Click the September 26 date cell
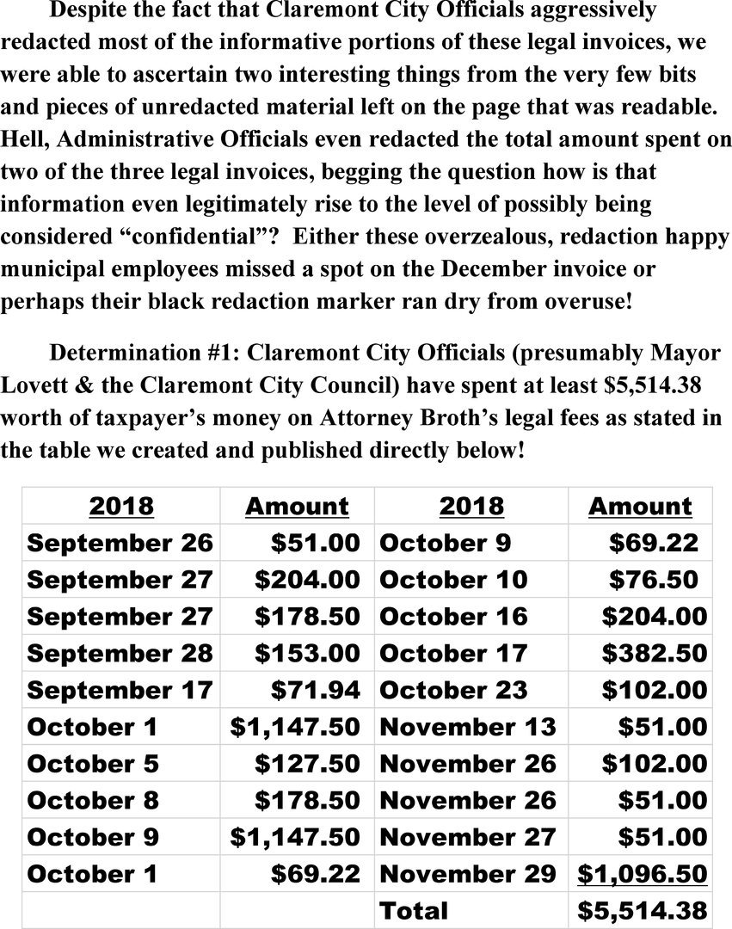[x=120, y=544]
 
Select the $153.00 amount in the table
[x=306, y=654]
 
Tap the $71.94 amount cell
[x=315, y=691]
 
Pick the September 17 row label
[x=120, y=691]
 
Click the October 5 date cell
[x=93, y=764]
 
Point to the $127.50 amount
[x=306, y=764]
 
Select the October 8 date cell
[x=93, y=801]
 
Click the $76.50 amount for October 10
[x=654, y=581]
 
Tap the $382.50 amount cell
[x=654, y=654]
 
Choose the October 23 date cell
[x=453, y=691]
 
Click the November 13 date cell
[x=467, y=728]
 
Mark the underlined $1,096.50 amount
[x=642, y=874]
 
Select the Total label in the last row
[x=414, y=911]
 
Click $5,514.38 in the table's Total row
[x=642, y=911]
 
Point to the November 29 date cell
[x=467, y=874]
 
